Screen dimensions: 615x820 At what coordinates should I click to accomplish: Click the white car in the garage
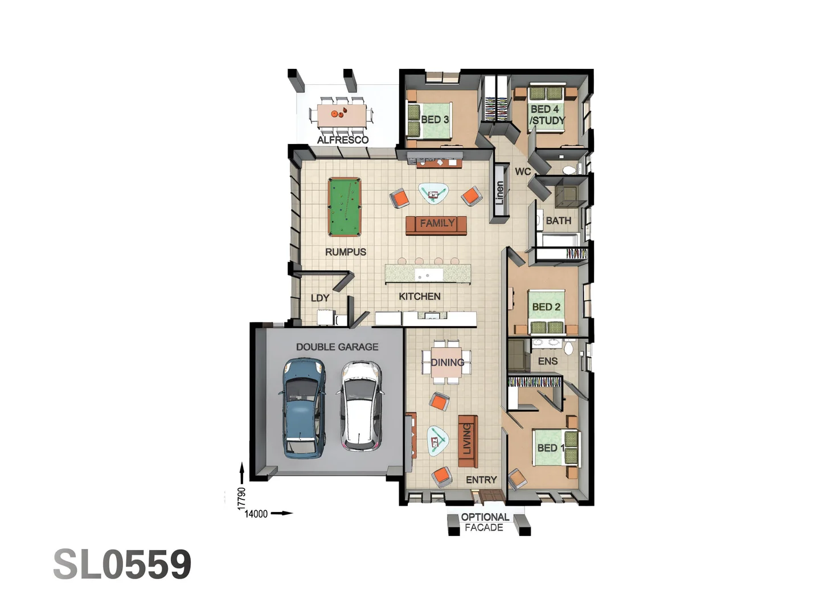tap(360, 405)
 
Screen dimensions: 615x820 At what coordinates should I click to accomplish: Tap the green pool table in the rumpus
tap(345, 207)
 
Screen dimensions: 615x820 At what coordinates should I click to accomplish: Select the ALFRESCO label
tap(343, 140)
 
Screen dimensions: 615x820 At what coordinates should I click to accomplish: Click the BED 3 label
tap(434, 120)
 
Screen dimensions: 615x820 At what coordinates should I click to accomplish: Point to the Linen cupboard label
tap(499, 193)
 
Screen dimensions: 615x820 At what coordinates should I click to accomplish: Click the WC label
tap(523, 171)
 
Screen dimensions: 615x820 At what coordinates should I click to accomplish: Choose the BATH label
tap(558, 220)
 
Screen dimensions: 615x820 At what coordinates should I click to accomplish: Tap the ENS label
tap(548, 361)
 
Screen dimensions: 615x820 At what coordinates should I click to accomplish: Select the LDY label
tap(320, 298)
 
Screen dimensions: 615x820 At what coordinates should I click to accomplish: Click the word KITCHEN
tap(420, 296)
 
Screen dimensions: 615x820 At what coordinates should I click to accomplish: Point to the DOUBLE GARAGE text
tap(337, 347)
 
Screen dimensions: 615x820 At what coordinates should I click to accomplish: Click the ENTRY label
tap(481, 480)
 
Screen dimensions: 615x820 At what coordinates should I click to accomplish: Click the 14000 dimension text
tap(256, 514)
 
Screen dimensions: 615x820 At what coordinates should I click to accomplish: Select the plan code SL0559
tap(122, 565)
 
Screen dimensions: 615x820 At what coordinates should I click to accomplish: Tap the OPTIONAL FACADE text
tap(485, 522)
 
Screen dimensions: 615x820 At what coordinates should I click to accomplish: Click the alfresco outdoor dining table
tap(341, 114)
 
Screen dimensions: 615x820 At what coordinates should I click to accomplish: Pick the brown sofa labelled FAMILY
tap(437, 224)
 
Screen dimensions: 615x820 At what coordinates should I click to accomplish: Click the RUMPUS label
tap(346, 252)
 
